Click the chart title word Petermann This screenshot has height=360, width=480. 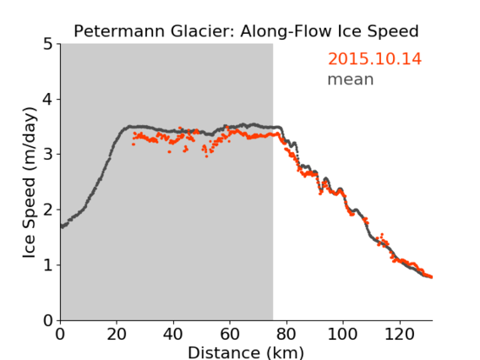(x=120, y=31)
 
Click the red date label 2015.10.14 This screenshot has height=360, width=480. (x=374, y=58)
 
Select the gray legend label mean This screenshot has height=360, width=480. (x=351, y=79)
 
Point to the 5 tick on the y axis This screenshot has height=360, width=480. (x=47, y=44)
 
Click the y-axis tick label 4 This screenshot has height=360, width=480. (x=47, y=99)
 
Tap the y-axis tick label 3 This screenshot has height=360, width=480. (x=47, y=155)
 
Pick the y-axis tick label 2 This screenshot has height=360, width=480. (x=47, y=210)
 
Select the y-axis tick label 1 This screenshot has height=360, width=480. (x=47, y=265)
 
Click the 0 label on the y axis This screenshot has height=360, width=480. (x=47, y=320)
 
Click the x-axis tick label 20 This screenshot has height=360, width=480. (x=117, y=334)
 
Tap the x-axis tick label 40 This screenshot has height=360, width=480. (x=173, y=334)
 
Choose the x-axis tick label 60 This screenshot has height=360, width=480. (x=230, y=334)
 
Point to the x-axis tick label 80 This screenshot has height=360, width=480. (x=286, y=334)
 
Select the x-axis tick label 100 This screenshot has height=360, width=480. (x=342, y=334)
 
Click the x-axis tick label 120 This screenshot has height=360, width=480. (x=399, y=334)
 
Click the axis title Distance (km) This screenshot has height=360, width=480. (x=246, y=352)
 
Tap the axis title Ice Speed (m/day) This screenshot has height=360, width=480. (x=30, y=183)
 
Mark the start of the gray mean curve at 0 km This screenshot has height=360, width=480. (x=62, y=226)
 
